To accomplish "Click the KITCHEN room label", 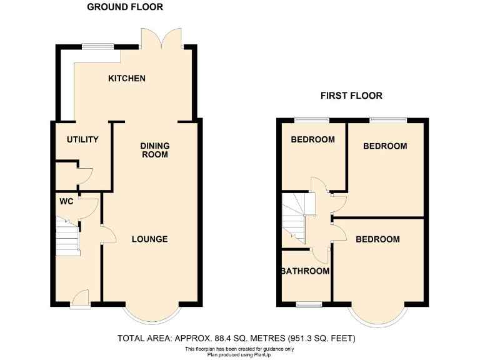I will [x=127, y=78].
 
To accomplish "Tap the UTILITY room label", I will [x=82, y=139].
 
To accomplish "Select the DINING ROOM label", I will [x=154, y=150].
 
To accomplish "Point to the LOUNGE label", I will [x=149, y=239].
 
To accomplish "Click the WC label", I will [x=66, y=202].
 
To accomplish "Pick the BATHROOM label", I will [x=305, y=271].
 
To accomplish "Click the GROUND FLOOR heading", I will [x=125, y=7].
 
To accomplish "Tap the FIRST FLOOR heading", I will [x=351, y=96].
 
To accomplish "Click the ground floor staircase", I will [x=67, y=236].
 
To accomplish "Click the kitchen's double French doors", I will [x=161, y=39].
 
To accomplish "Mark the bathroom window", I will [x=309, y=304].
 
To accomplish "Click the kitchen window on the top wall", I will [x=99, y=46].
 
